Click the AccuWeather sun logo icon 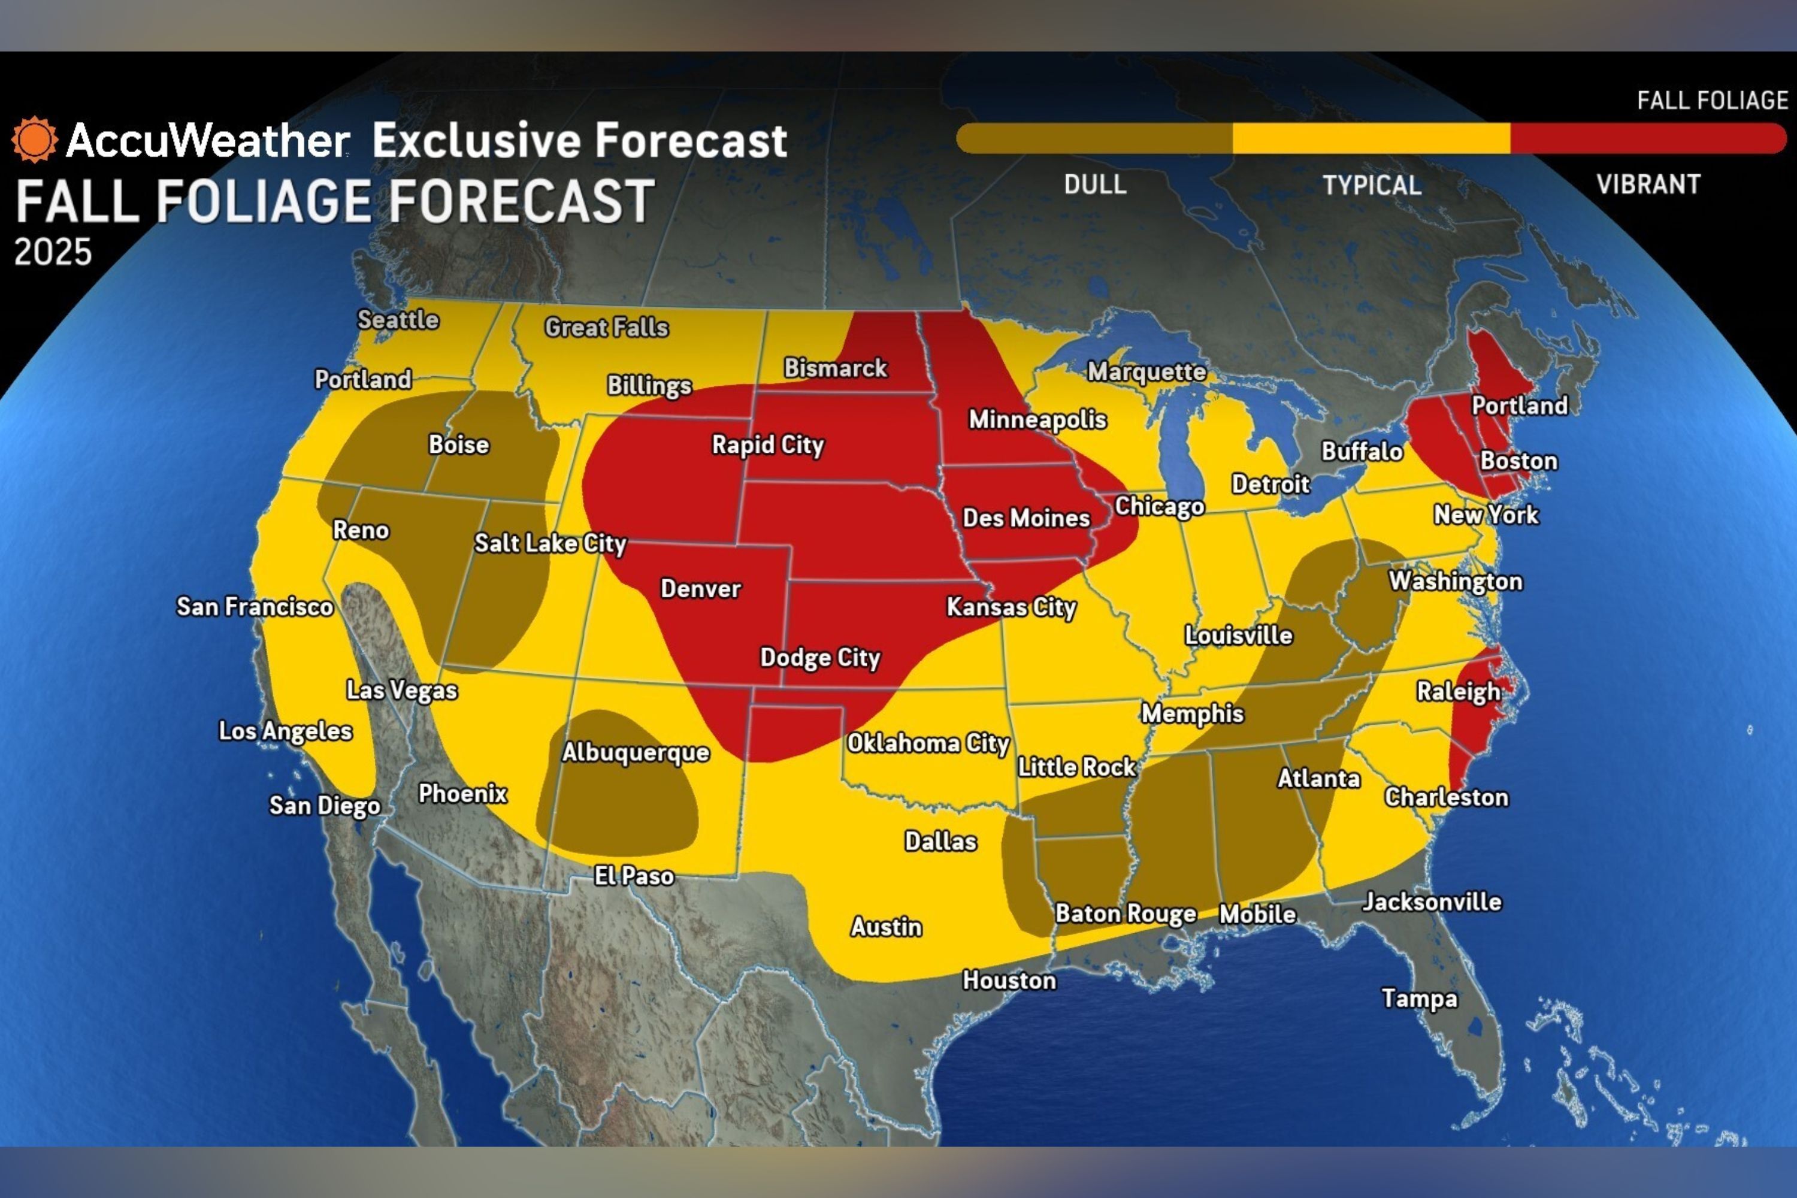[x=34, y=140]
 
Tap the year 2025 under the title [x=53, y=252]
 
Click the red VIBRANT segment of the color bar [x=1647, y=139]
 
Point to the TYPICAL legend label [x=1372, y=186]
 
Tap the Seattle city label [x=398, y=319]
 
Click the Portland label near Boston [x=1519, y=406]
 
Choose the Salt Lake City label [x=550, y=543]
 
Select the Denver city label [x=701, y=589]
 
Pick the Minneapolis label [x=1037, y=419]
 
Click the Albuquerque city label [x=636, y=752]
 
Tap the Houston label [x=1009, y=980]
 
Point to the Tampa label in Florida [x=1419, y=999]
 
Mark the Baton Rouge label [x=1125, y=914]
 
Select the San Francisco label [x=255, y=607]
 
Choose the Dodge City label [x=820, y=658]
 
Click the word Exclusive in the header [x=476, y=141]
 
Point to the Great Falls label [x=606, y=328]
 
